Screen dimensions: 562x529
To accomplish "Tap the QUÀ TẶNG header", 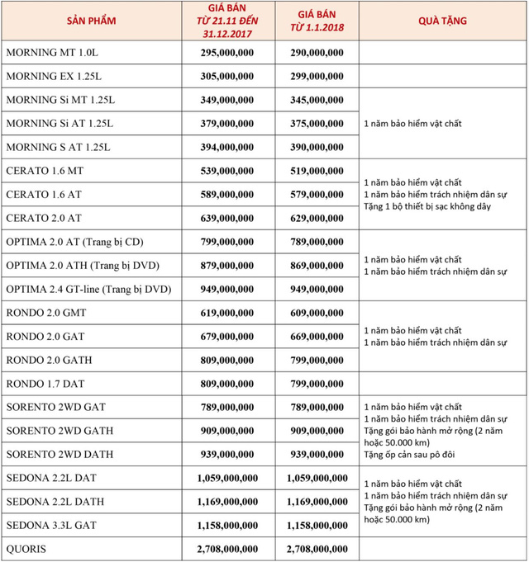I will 440,20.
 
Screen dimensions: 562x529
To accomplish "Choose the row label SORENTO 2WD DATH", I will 60,455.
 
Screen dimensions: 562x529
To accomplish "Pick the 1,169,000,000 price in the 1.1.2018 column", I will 317,502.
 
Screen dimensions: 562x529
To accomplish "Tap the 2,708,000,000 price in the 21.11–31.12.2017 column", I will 227,549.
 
